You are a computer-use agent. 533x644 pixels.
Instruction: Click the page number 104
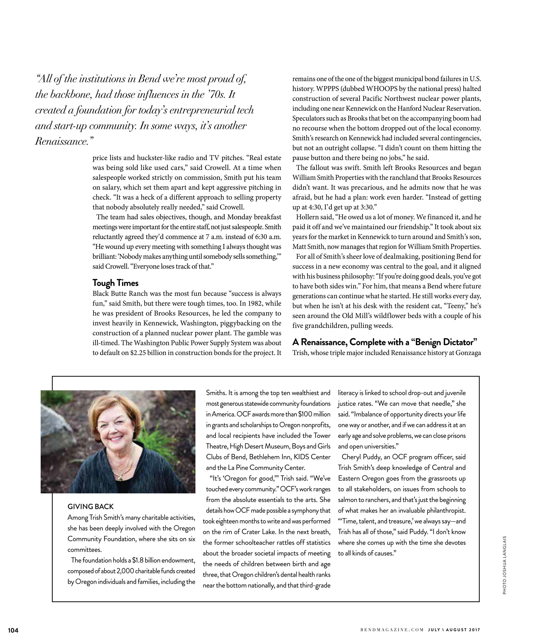click(x=13, y=630)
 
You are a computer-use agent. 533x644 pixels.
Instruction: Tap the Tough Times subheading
click(x=115, y=283)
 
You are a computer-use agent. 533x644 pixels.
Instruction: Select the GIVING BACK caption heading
click(x=90, y=506)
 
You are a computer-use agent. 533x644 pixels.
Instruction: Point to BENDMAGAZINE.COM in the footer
click(x=392, y=630)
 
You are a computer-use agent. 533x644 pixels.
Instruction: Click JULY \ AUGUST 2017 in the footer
click(x=454, y=630)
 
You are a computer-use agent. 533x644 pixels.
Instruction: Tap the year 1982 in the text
click(x=249, y=303)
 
